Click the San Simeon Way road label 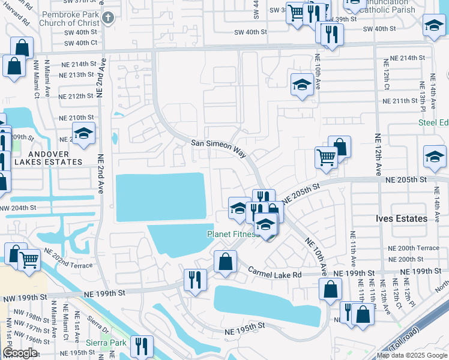(218, 148)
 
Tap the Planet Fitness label (233, 234)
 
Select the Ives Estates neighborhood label (402, 218)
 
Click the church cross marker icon (107, 17)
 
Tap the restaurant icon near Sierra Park (142, 346)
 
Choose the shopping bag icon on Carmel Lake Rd (225, 262)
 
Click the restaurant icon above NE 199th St (195, 280)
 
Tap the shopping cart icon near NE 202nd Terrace (29, 260)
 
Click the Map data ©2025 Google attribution (412, 355)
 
